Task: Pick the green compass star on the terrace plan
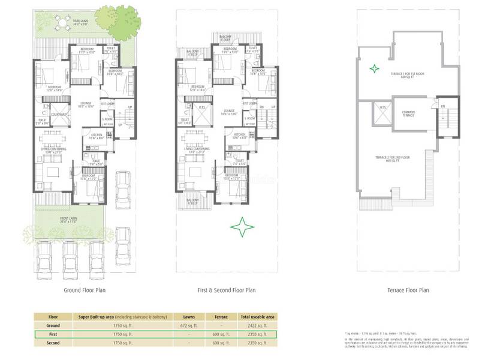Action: [x=375, y=69]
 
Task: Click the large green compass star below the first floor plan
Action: [x=243, y=227]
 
